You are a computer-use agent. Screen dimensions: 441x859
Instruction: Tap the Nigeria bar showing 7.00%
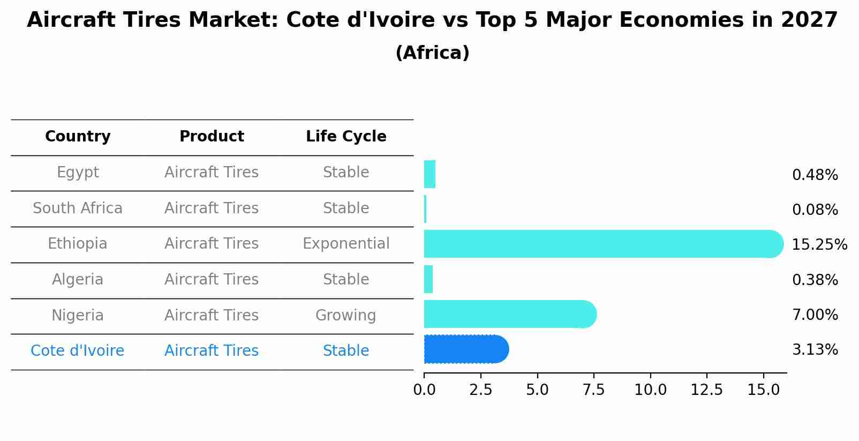coord(509,314)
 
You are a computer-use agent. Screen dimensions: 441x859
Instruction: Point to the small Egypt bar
coord(429,174)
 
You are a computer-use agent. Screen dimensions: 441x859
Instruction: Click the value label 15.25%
coord(819,245)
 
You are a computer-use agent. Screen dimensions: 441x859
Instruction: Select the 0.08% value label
coord(815,210)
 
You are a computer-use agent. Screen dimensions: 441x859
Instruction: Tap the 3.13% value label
coord(815,350)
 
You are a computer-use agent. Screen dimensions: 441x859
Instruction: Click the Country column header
coord(78,137)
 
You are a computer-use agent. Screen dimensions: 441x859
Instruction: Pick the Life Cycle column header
coord(346,137)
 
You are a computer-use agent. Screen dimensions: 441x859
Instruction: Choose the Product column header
coord(212,137)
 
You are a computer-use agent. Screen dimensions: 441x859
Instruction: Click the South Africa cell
coord(78,208)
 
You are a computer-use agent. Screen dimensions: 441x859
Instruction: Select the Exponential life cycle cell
coord(346,244)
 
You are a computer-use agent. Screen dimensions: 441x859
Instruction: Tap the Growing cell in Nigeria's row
coord(345,316)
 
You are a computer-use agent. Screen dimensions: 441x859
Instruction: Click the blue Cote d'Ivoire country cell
coord(78,351)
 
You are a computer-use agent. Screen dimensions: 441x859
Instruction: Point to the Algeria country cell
coord(78,280)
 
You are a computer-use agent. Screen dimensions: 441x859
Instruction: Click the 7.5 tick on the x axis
coord(593,390)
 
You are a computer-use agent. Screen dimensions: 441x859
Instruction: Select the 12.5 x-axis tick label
coord(706,390)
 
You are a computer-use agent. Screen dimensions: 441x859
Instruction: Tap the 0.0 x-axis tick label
coord(424,390)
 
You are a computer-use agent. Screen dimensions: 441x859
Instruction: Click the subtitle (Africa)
coord(432,53)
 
